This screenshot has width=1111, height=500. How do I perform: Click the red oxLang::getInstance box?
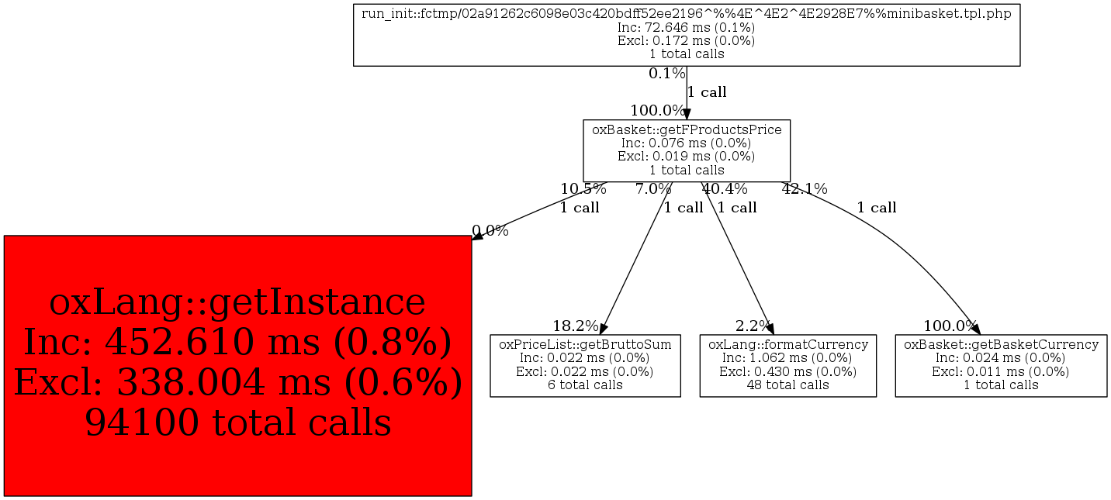(237, 366)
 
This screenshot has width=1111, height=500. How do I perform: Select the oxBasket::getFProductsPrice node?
(687, 150)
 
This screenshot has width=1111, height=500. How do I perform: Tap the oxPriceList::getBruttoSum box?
(585, 366)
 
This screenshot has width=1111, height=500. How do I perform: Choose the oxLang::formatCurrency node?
(788, 366)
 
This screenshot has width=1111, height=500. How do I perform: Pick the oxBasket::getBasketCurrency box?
(1001, 366)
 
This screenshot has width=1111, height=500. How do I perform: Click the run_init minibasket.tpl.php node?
(687, 35)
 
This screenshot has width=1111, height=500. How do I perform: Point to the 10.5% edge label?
(583, 189)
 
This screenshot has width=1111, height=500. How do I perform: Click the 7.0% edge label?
(654, 189)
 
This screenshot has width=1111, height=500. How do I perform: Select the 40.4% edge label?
(725, 189)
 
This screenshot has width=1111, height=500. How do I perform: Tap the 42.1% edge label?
(805, 189)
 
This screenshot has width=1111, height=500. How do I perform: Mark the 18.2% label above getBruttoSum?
(576, 326)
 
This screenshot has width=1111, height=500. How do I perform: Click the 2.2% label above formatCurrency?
(753, 326)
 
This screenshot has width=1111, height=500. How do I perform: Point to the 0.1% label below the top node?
(667, 74)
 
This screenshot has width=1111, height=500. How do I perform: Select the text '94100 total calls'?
(238, 422)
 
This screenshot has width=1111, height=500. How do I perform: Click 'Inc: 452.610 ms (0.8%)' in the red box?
(238, 343)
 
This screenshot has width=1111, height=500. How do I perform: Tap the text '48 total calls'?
(788, 385)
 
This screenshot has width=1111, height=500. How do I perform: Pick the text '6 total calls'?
(585, 385)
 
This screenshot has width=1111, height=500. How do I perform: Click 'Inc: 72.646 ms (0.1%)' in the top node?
(687, 27)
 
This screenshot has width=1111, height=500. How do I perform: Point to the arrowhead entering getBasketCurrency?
(975, 328)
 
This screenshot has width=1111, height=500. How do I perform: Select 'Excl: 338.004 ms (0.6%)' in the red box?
(238, 382)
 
